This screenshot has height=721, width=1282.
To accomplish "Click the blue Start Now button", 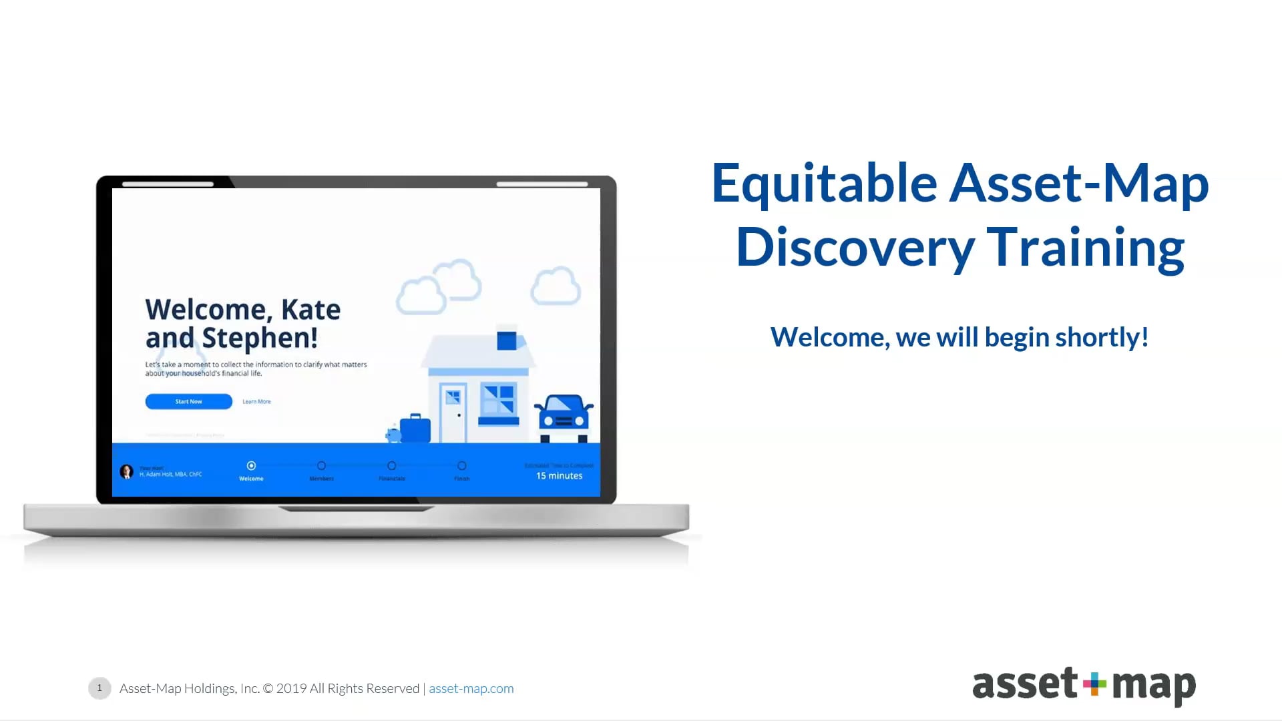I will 188,401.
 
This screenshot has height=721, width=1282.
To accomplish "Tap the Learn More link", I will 256,401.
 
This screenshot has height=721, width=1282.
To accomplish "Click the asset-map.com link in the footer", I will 471,688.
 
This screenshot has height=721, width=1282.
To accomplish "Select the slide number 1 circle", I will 99,688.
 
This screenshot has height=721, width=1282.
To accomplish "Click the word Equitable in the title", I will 824,184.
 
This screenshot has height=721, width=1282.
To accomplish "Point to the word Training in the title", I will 1085,248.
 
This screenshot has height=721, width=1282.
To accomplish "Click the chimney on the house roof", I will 506,340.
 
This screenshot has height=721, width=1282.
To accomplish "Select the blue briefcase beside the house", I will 415,429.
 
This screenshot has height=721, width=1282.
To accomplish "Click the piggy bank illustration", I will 393,435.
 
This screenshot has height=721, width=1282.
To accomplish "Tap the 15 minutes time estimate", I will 559,475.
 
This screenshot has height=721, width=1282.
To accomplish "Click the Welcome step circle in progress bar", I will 251,465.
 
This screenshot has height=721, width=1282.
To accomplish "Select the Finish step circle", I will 461,465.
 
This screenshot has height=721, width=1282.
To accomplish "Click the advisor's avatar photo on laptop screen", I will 126,472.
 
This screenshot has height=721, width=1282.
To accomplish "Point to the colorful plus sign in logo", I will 1094,684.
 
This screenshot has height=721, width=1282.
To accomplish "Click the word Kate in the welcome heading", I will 310,310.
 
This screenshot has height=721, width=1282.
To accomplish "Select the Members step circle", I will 321,465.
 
